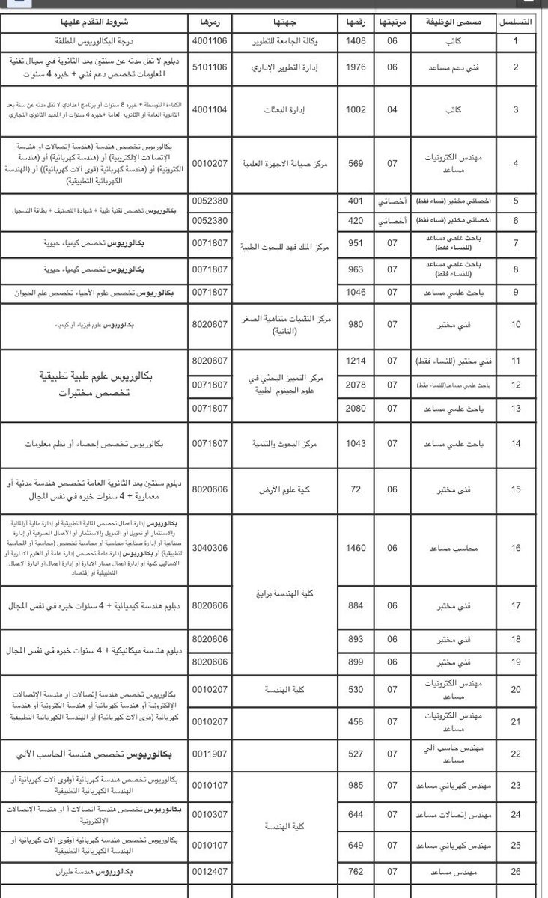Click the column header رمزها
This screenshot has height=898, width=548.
tap(210, 23)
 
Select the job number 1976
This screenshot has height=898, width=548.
tap(356, 67)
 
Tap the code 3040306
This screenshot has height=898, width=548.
tap(210, 547)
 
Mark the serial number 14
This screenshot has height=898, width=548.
tap(523, 443)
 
